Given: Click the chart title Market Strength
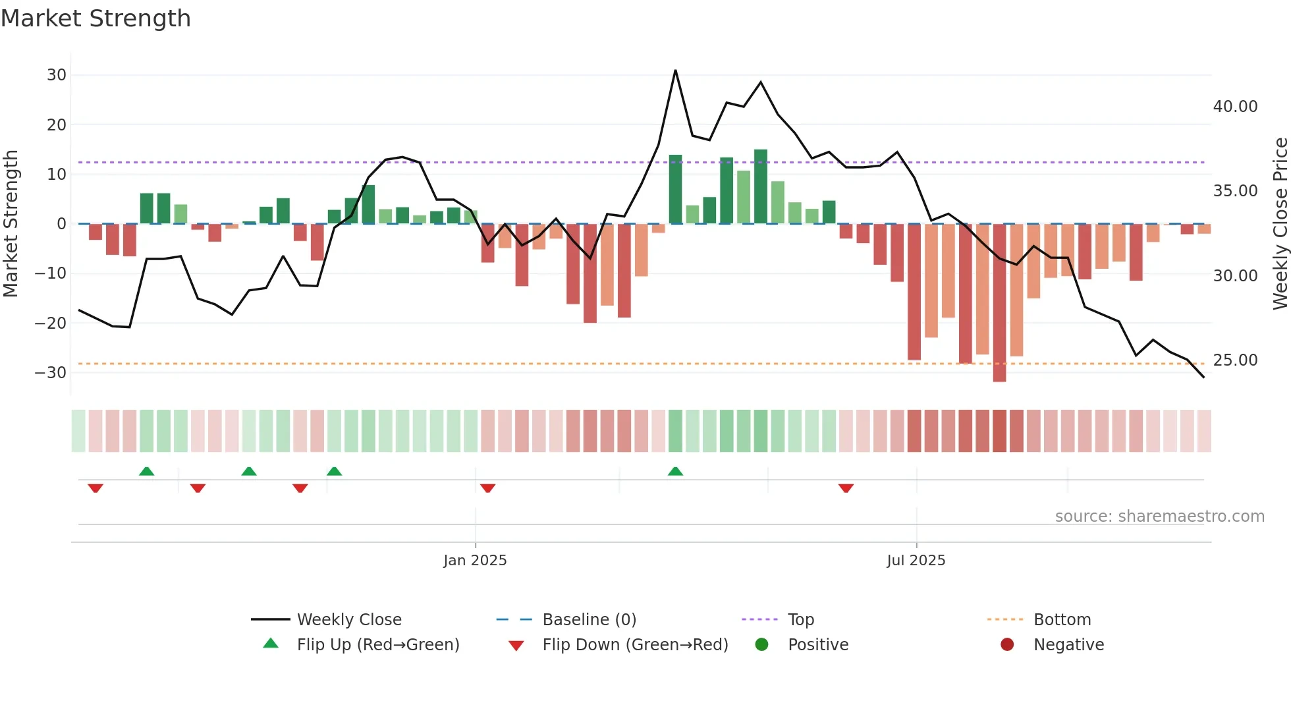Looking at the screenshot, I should (x=96, y=18).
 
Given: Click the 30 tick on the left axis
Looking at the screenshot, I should (x=57, y=75).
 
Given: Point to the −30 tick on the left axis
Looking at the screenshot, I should (x=51, y=373).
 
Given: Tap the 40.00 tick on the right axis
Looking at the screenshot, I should (x=1235, y=107).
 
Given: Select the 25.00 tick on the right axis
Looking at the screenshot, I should (x=1235, y=360).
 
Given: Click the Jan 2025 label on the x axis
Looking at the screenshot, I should (x=475, y=561).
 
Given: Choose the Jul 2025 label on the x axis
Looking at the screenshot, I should (x=916, y=561).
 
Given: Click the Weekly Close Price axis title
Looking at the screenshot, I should (x=1280, y=224).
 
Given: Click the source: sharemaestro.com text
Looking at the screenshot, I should (x=1159, y=517).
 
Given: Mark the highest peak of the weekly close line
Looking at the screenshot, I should (x=675, y=70).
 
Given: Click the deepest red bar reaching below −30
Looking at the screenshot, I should (x=999, y=303).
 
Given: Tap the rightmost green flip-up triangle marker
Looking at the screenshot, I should (x=675, y=471).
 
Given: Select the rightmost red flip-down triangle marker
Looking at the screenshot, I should (x=846, y=488).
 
